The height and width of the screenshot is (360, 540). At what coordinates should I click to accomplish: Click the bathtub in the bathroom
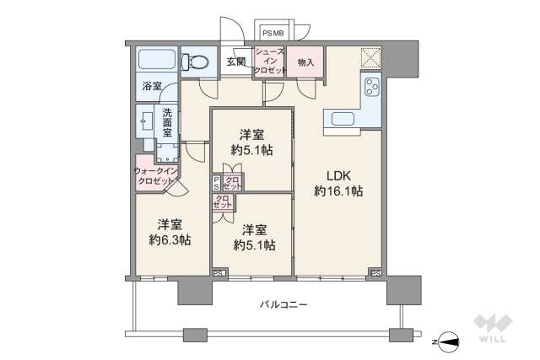156,61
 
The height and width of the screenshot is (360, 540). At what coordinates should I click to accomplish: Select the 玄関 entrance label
235,62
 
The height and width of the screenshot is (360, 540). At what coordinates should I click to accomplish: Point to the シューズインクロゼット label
269,61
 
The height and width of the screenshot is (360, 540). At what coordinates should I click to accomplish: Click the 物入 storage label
305,62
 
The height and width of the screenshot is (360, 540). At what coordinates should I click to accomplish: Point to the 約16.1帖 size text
338,191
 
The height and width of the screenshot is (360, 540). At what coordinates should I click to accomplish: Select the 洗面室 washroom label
167,121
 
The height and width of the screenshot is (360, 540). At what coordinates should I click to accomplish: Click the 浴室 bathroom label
152,86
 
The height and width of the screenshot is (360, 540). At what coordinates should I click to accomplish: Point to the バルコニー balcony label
283,304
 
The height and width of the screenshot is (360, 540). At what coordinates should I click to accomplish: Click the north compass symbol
447,341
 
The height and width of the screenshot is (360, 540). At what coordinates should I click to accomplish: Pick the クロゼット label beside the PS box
232,183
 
